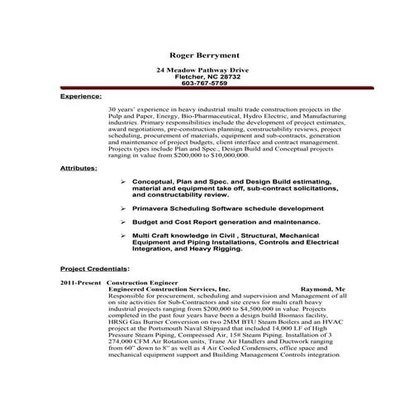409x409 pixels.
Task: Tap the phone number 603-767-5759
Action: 204,83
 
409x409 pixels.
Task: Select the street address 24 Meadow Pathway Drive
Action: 204,70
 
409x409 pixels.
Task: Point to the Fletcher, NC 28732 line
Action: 204,77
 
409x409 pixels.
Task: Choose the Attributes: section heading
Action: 78,168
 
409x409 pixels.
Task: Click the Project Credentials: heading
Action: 94,269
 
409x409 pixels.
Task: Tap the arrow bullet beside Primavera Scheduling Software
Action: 123,209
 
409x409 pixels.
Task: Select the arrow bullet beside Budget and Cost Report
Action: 123,221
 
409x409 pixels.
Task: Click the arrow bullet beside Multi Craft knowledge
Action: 123,235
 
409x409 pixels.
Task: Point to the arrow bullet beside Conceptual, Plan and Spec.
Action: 123,181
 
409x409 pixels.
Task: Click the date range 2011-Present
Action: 80,283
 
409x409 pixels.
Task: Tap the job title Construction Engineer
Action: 142,283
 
